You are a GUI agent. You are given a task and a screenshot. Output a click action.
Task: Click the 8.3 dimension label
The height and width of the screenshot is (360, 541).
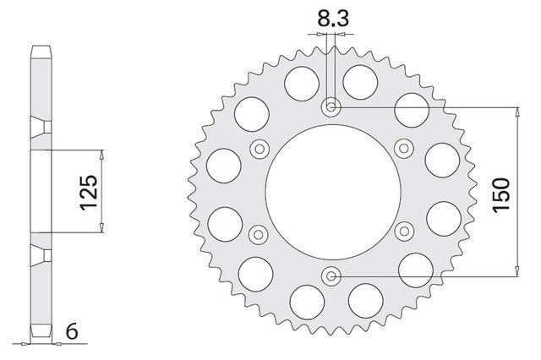pos(332,19)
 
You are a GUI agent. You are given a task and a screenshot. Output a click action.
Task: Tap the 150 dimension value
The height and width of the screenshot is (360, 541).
pos(501,195)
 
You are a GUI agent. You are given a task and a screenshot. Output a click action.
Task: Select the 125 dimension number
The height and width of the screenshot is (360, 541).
pos(89,193)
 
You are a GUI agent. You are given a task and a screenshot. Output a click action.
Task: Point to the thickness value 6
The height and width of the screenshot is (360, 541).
pos(72,332)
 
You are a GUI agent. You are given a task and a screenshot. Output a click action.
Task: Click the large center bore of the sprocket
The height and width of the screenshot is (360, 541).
pos(333,192)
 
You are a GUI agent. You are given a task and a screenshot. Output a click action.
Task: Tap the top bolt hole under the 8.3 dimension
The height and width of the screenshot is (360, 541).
pos(331,107)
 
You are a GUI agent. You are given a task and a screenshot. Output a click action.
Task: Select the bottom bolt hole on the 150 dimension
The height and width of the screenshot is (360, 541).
pos(331,275)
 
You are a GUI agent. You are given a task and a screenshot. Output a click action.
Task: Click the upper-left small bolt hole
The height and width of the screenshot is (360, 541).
pos(260,149)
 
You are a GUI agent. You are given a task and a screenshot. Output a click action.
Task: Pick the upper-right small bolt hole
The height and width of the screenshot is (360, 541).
pos(404,149)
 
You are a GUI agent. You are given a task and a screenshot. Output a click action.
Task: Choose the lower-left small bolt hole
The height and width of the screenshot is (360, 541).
pos(258,235)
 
